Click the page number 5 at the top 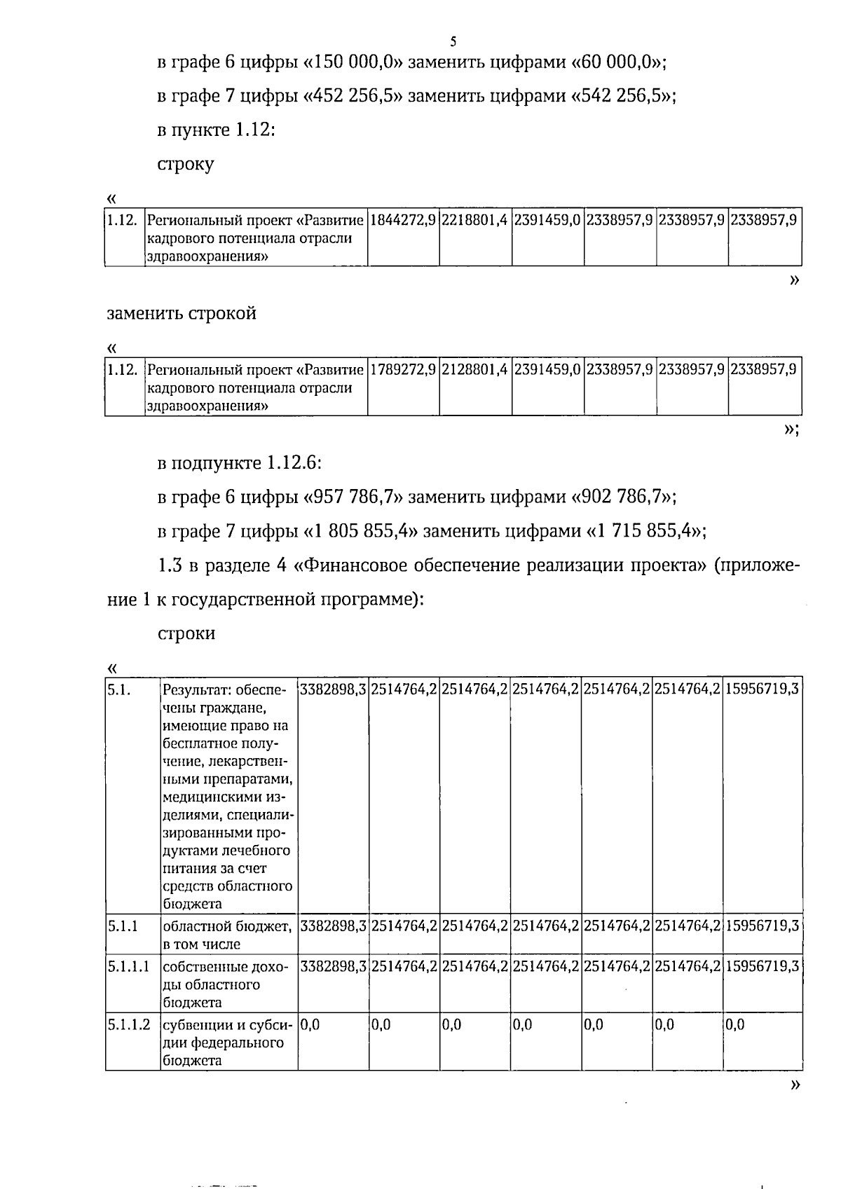pyautogui.click(x=453, y=41)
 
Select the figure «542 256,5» pyautogui.click(x=621, y=96)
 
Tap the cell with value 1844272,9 pyautogui.click(x=403, y=221)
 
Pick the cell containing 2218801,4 pyautogui.click(x=475, y=221)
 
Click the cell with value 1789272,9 pyautogui.click(x=403, y=370)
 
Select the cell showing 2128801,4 pyautogui.click(x=475, y=370)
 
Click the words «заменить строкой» pyautogui.click(x=182, y=313)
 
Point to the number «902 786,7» pyautogui.click(x=621, y=497)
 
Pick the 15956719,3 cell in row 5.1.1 pyautogui.click(x=762, y=926)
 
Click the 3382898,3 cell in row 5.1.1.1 pyautogui.click(x=333, y=968)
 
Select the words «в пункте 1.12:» pyautogui.click(x=215, y=130)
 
